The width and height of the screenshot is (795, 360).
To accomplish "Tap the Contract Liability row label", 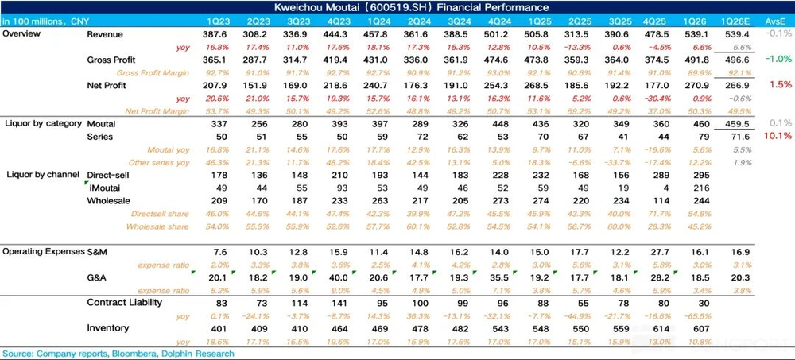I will pos(125,304).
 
